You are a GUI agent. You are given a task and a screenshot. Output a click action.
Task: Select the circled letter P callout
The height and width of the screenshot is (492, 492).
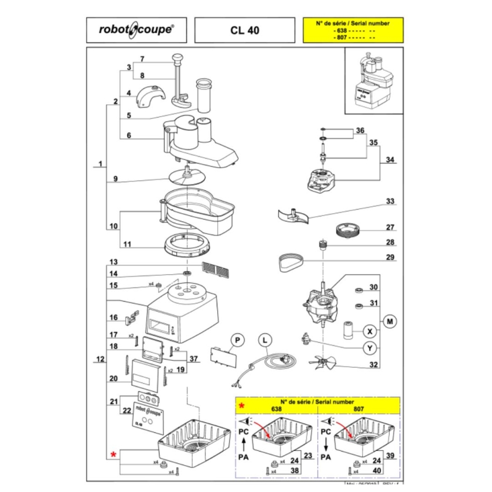[x=237, y=340]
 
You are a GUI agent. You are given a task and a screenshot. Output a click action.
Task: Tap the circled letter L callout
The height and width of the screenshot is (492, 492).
[x=265, y=340]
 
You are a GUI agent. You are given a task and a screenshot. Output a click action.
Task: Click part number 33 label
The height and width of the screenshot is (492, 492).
[x=390, y=201]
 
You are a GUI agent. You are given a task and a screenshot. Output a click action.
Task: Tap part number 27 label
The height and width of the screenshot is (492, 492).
[x=390, y=227]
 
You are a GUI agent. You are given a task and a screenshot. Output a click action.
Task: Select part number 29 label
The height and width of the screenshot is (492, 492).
[x=390, y=258]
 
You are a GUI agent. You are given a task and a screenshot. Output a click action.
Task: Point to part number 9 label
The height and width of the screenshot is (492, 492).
[x=116, y=179]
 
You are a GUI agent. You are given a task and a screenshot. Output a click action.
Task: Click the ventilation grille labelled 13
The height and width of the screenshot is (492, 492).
[x=215, y=269]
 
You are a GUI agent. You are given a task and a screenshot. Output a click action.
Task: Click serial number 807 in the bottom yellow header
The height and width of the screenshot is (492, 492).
[x=357, y=410]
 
